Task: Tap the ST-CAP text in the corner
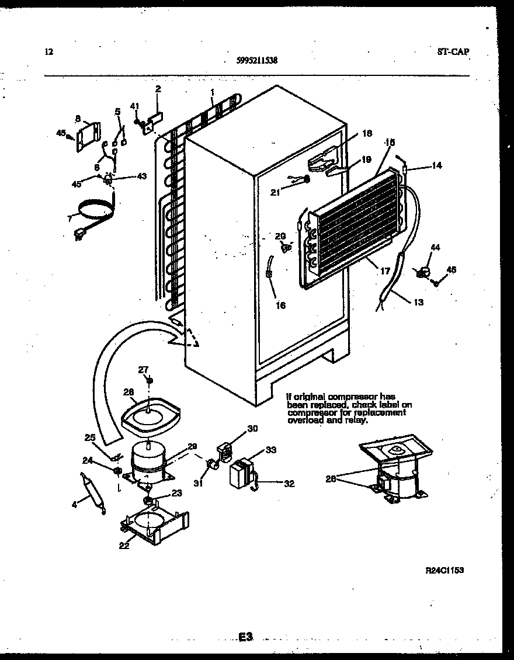(453, 51)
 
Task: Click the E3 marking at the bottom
(245, 637)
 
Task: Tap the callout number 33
(271, 450)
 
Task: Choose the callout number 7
(70, 219)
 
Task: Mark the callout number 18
(366, 133)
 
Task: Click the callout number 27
(143, 369)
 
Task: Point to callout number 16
(281, 305)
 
